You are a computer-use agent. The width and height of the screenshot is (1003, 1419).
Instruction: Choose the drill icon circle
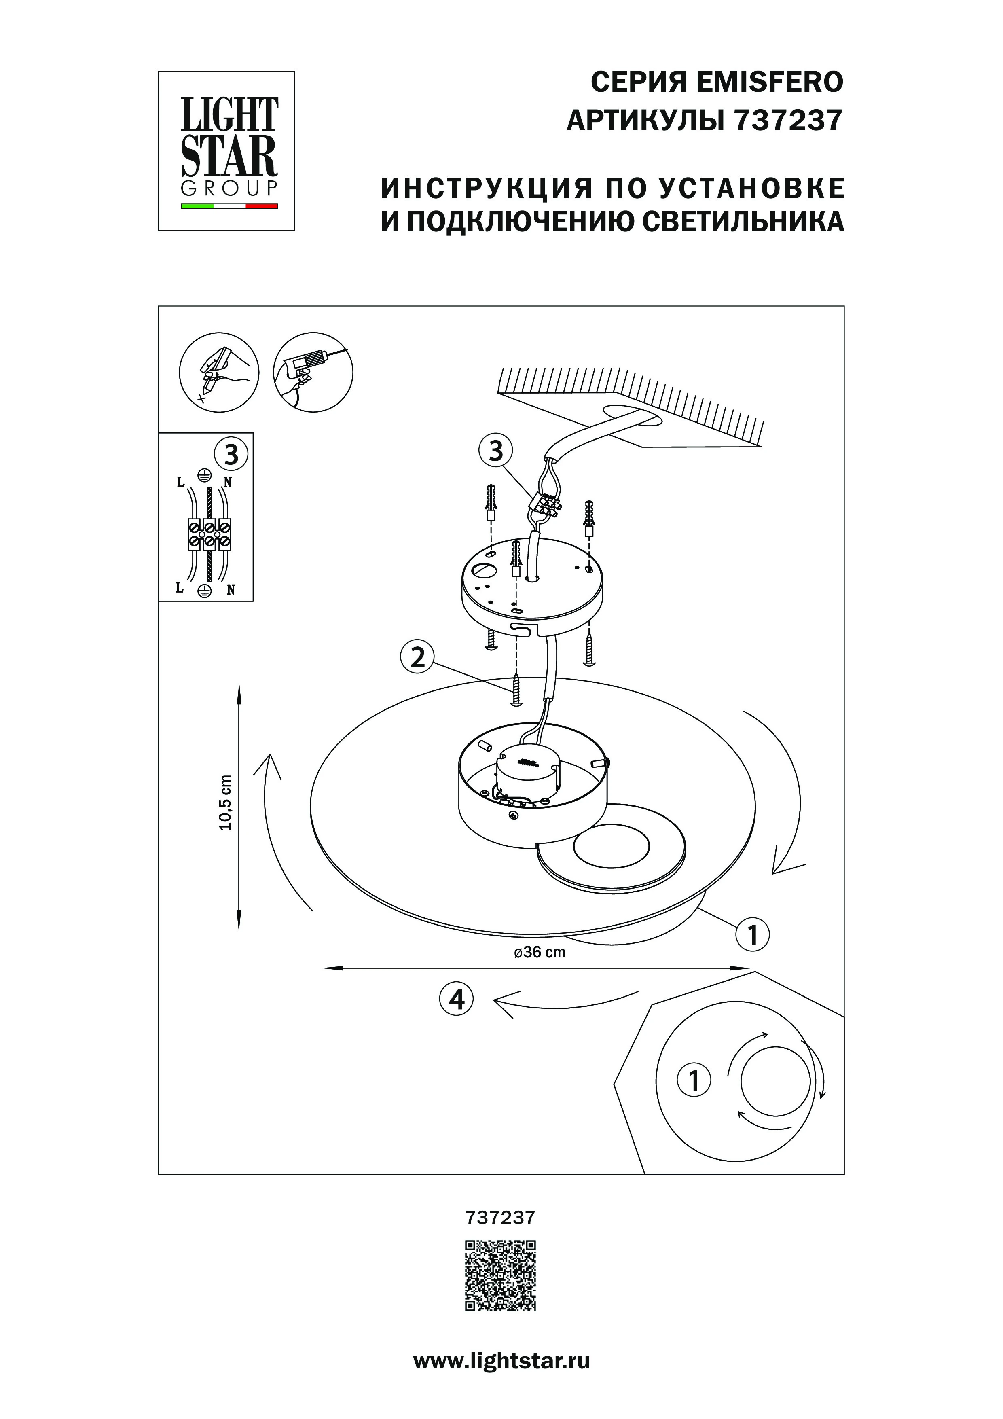click(313, 372)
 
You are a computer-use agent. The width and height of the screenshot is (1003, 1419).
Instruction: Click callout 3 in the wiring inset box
click(231, 455)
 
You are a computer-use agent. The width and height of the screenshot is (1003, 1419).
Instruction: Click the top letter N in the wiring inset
click(227, 483)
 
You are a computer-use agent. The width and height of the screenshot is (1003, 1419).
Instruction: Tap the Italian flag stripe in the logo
click(229, 206)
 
